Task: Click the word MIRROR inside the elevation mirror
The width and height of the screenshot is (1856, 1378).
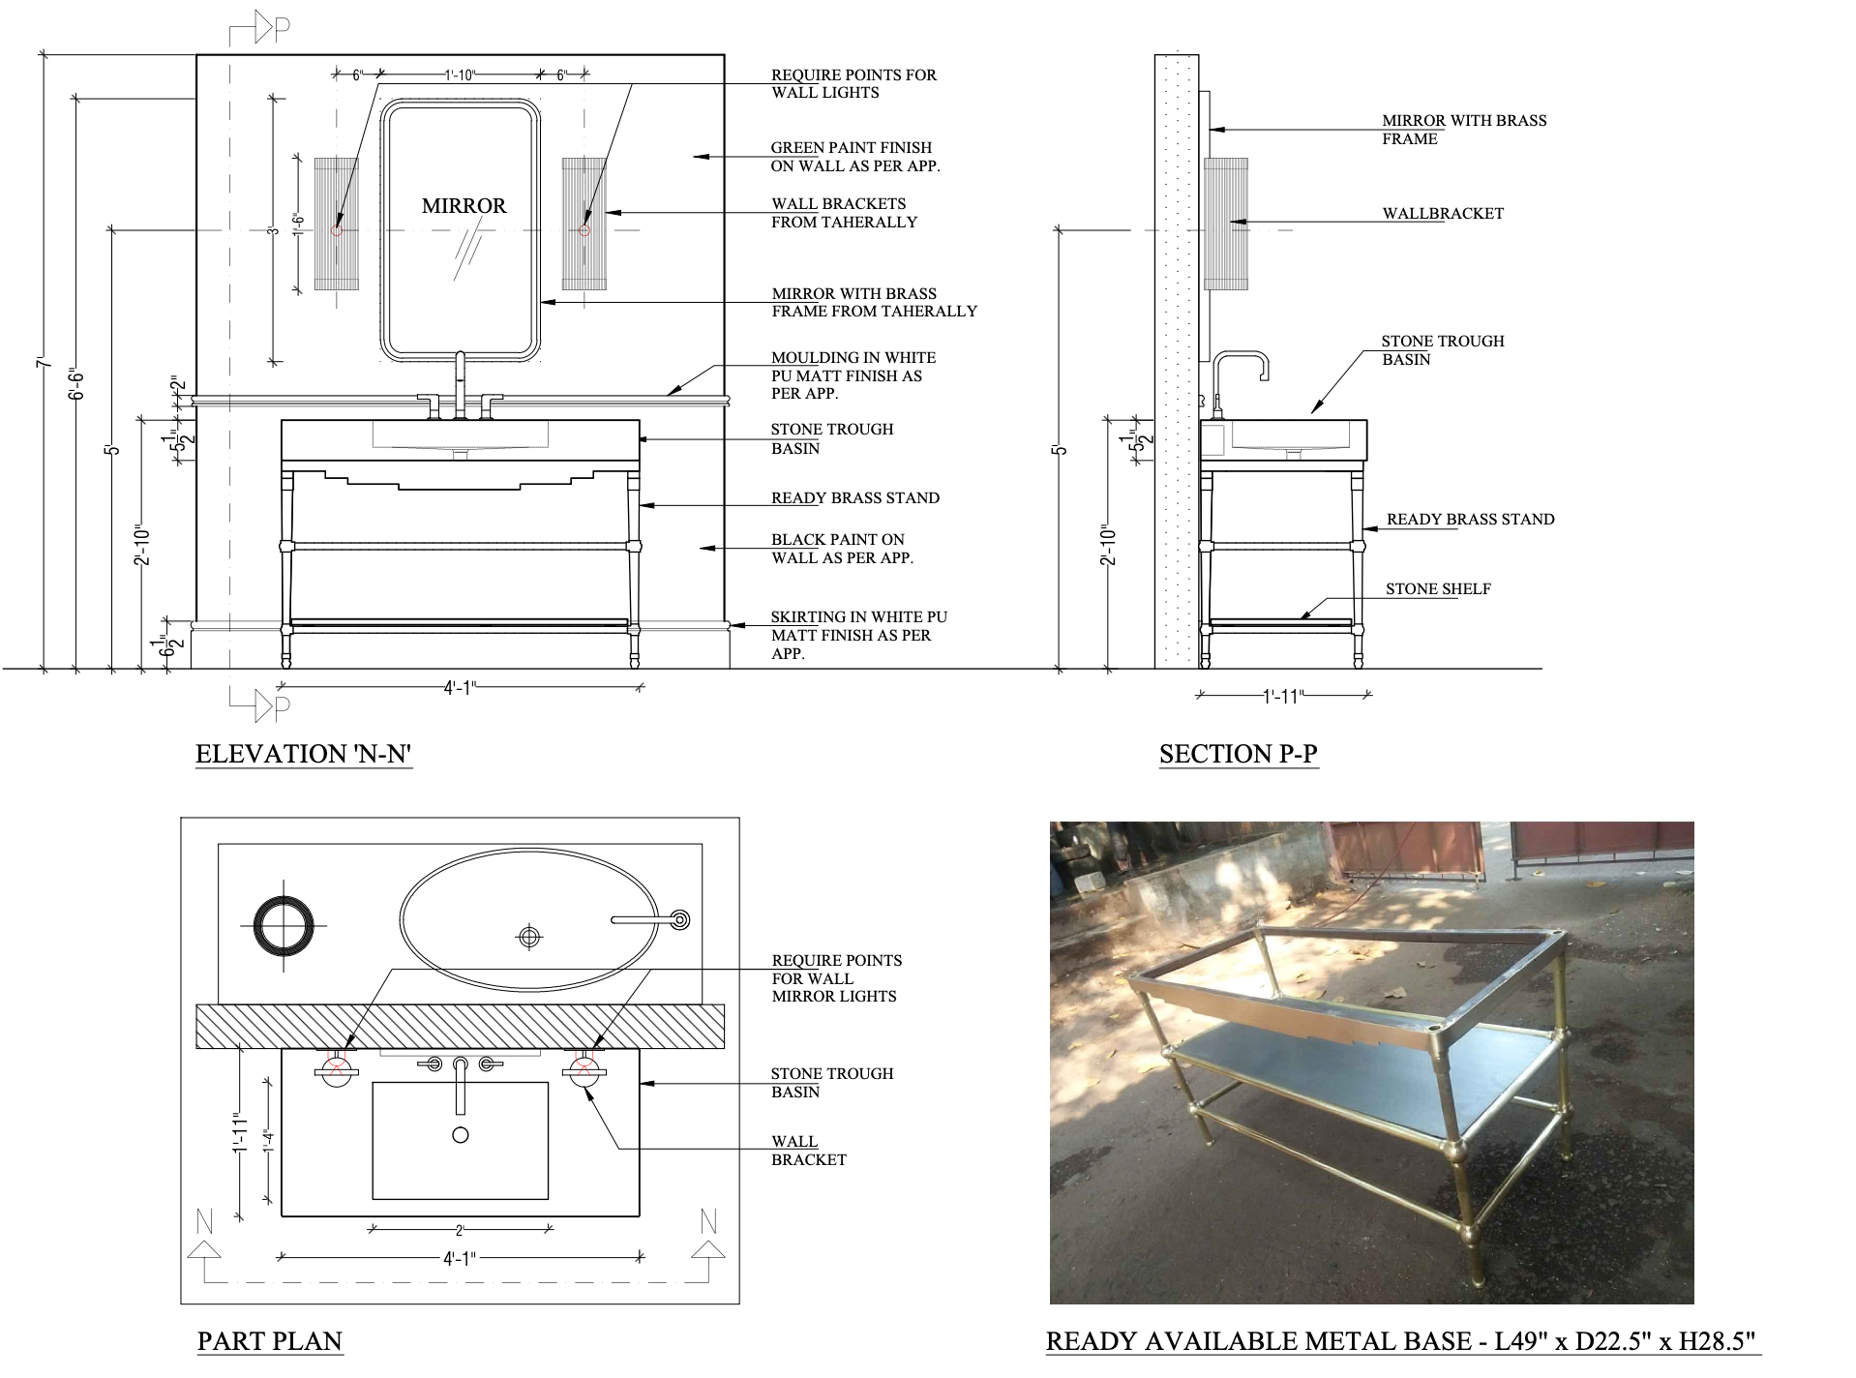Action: pyautogui.click(x=464, y=206)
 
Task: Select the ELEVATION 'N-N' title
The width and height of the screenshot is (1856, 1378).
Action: pyautogui.click(x=305, y=755)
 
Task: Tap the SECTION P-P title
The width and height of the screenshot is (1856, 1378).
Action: pyautogui.click(x=1239, y=754)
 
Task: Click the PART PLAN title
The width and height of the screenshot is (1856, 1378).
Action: pyautogui.click(x=270, y=1341)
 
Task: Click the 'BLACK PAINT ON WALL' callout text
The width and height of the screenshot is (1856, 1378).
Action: pyautogui.click(x=842, y=549)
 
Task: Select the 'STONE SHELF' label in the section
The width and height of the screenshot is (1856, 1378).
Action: pyautogui.click(x=1438, y=589)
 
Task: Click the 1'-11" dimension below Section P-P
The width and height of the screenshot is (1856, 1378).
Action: pyautogui.click(x=1284, y=697)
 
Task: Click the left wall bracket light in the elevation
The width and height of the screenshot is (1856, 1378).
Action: pyautogui.click(x=337, y=224)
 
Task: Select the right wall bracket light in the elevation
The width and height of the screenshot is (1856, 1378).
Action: pyautogui.click(x=584, y=224)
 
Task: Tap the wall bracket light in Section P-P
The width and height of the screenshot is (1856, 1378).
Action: pyautogui.click(x=1225, y=224)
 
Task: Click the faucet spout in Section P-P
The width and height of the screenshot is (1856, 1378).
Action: pyautogui.click(x=1240, y=354)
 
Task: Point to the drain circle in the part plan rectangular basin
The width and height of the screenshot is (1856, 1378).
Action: pyautogui.click(x=461, y=1134)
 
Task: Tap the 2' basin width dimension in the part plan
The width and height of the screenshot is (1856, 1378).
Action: pyautogui.click(x=461, y=1231)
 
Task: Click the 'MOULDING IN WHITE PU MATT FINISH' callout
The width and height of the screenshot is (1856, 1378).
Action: pyautogui.click(x=853, y=375)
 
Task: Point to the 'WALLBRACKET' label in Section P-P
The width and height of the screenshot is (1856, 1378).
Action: pyautogui.click(x=1443, y=214)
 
